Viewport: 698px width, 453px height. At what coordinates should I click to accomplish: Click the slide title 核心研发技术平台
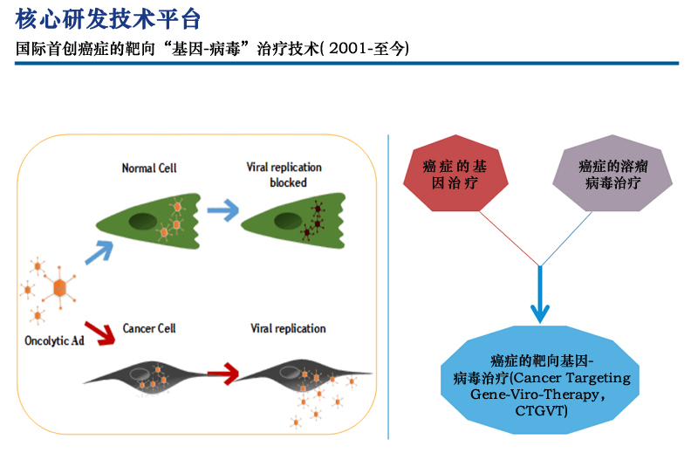coord(108,17)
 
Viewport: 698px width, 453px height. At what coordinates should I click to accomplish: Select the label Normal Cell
coord(148,168)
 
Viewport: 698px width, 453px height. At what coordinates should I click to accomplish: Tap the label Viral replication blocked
coord(283,175)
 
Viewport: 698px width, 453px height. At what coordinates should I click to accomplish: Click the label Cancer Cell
coord(149,328)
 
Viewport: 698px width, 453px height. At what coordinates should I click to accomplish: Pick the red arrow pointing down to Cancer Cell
coord(103,333)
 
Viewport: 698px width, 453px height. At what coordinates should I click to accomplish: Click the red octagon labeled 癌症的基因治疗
coord(456,172)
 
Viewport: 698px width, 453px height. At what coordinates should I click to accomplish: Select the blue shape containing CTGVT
coord(541,385)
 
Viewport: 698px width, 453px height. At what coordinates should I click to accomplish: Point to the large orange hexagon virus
coord(60,287)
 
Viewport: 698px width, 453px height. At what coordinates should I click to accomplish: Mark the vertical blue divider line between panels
coord(389,288)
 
